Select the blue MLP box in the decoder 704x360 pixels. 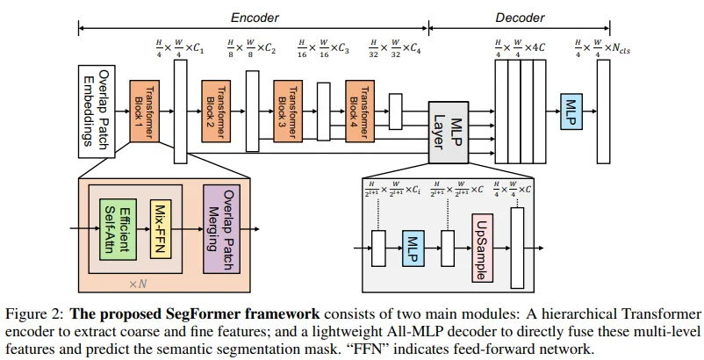571,112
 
